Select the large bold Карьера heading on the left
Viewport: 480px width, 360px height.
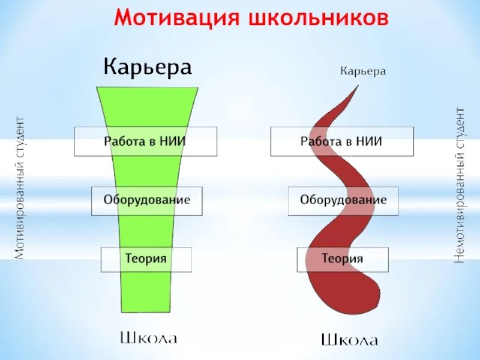pos(148,67)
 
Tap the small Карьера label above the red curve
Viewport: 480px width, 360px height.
pos(363,71)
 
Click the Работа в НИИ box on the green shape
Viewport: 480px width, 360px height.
pos(145,142)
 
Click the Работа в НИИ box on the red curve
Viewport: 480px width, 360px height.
pos(341,142)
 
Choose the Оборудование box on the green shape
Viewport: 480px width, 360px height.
pos(146,200)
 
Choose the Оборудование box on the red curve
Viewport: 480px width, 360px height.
pos(343,200)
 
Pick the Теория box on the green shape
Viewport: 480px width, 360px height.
pos(146,259)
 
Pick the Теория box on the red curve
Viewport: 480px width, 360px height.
pos(343,259)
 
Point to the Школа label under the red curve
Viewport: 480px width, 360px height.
pos(349,340)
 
